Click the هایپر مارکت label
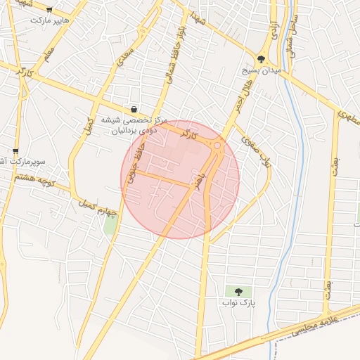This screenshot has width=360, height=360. click(50, 20)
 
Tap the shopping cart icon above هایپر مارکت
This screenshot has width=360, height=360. click(49, 10)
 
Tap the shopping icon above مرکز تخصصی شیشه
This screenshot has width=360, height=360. click(133, 108)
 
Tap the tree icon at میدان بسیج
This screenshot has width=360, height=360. click(262, 60)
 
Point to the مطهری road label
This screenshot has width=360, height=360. click(349, 117)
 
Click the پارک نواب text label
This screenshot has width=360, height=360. click(237, 303)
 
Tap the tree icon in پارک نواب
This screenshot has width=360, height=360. click(237, 291)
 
